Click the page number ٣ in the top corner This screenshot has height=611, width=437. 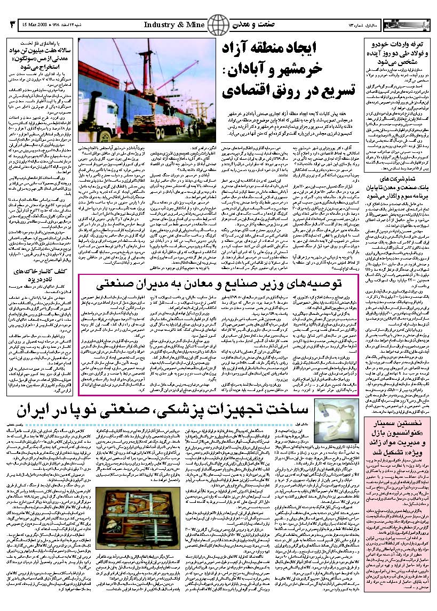(x=12, y=25)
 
